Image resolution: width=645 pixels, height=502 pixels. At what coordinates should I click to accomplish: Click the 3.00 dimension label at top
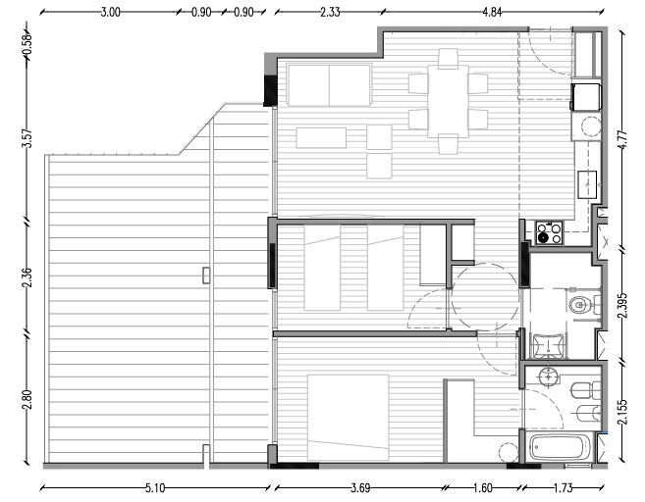coord(110,13)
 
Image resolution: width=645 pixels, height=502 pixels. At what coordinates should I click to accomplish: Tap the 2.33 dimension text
coord(329,13)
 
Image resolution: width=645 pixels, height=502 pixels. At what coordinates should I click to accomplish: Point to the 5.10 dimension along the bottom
coord(153,485)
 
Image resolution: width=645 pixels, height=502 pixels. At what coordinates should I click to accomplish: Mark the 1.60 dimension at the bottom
coord(482,485)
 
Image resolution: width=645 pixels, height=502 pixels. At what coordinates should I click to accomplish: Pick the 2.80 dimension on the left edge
coord(27,401)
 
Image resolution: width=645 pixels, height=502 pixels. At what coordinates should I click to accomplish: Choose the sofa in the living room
coord(329,85)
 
